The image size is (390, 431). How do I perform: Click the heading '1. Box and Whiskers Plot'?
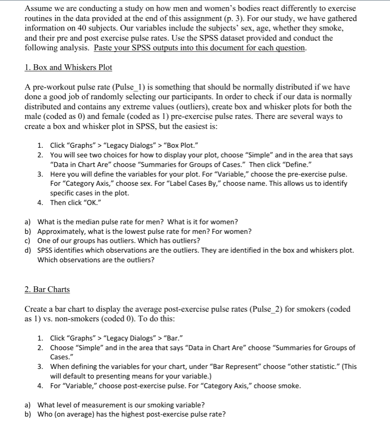coord(68,68)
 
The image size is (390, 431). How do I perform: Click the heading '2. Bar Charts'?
coord(47,289)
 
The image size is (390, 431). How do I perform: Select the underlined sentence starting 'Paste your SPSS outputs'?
coord(200,48)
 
